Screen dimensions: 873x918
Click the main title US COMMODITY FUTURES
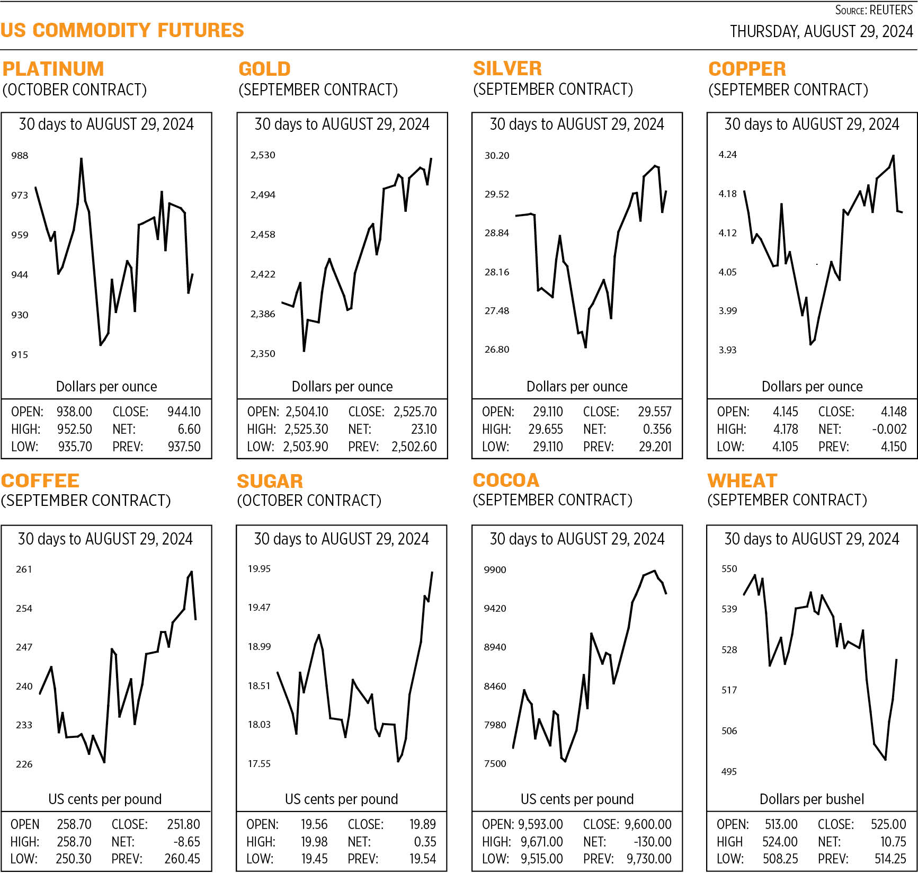click(x=122, y=30)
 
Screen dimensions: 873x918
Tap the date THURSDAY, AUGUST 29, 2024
click(x=821, y=32)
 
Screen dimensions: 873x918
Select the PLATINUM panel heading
click(x=53, y=69)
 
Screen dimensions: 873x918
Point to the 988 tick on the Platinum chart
click(x=20, y=155)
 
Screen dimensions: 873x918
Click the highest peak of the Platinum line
click(x=81, y=158)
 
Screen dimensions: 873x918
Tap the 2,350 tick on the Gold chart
click(x=263, y=353)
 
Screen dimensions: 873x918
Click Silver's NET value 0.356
click(x=657, y=429)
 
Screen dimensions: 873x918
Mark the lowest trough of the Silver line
click(x=585, y=347)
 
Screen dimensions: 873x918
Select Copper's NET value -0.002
click(x=889, y=429)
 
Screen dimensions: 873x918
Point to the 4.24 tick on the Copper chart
click(x=727, y=155)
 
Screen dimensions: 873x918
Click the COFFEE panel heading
click(x=40, y=480)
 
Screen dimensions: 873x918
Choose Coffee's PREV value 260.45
click(x=182, y=858)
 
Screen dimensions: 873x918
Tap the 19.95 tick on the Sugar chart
click(x=259, y=568)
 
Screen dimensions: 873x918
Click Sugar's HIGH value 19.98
click(x=314, y=841)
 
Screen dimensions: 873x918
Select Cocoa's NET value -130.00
click(x=652, y=841)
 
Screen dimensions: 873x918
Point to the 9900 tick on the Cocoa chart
click(x=495, y=569)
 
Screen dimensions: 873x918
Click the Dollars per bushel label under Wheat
click(x=812, y=799)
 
